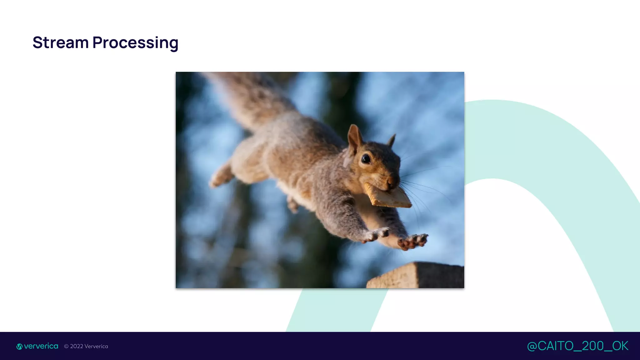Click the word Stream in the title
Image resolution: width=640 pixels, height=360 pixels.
61,42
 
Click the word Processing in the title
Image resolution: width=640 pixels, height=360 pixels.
135,43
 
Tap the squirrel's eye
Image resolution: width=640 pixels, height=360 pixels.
366,159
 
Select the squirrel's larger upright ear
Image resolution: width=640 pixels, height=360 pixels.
355,137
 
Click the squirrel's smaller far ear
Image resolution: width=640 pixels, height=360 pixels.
392,140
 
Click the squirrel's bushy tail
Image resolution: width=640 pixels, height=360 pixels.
250,97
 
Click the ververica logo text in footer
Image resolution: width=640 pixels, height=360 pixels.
41,346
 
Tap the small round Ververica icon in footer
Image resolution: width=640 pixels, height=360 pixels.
19,347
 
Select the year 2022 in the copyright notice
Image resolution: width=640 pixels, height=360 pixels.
77,346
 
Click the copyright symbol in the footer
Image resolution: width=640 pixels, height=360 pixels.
66,346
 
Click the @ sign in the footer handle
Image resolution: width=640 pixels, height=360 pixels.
532,346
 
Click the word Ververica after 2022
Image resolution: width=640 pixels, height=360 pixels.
96,346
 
